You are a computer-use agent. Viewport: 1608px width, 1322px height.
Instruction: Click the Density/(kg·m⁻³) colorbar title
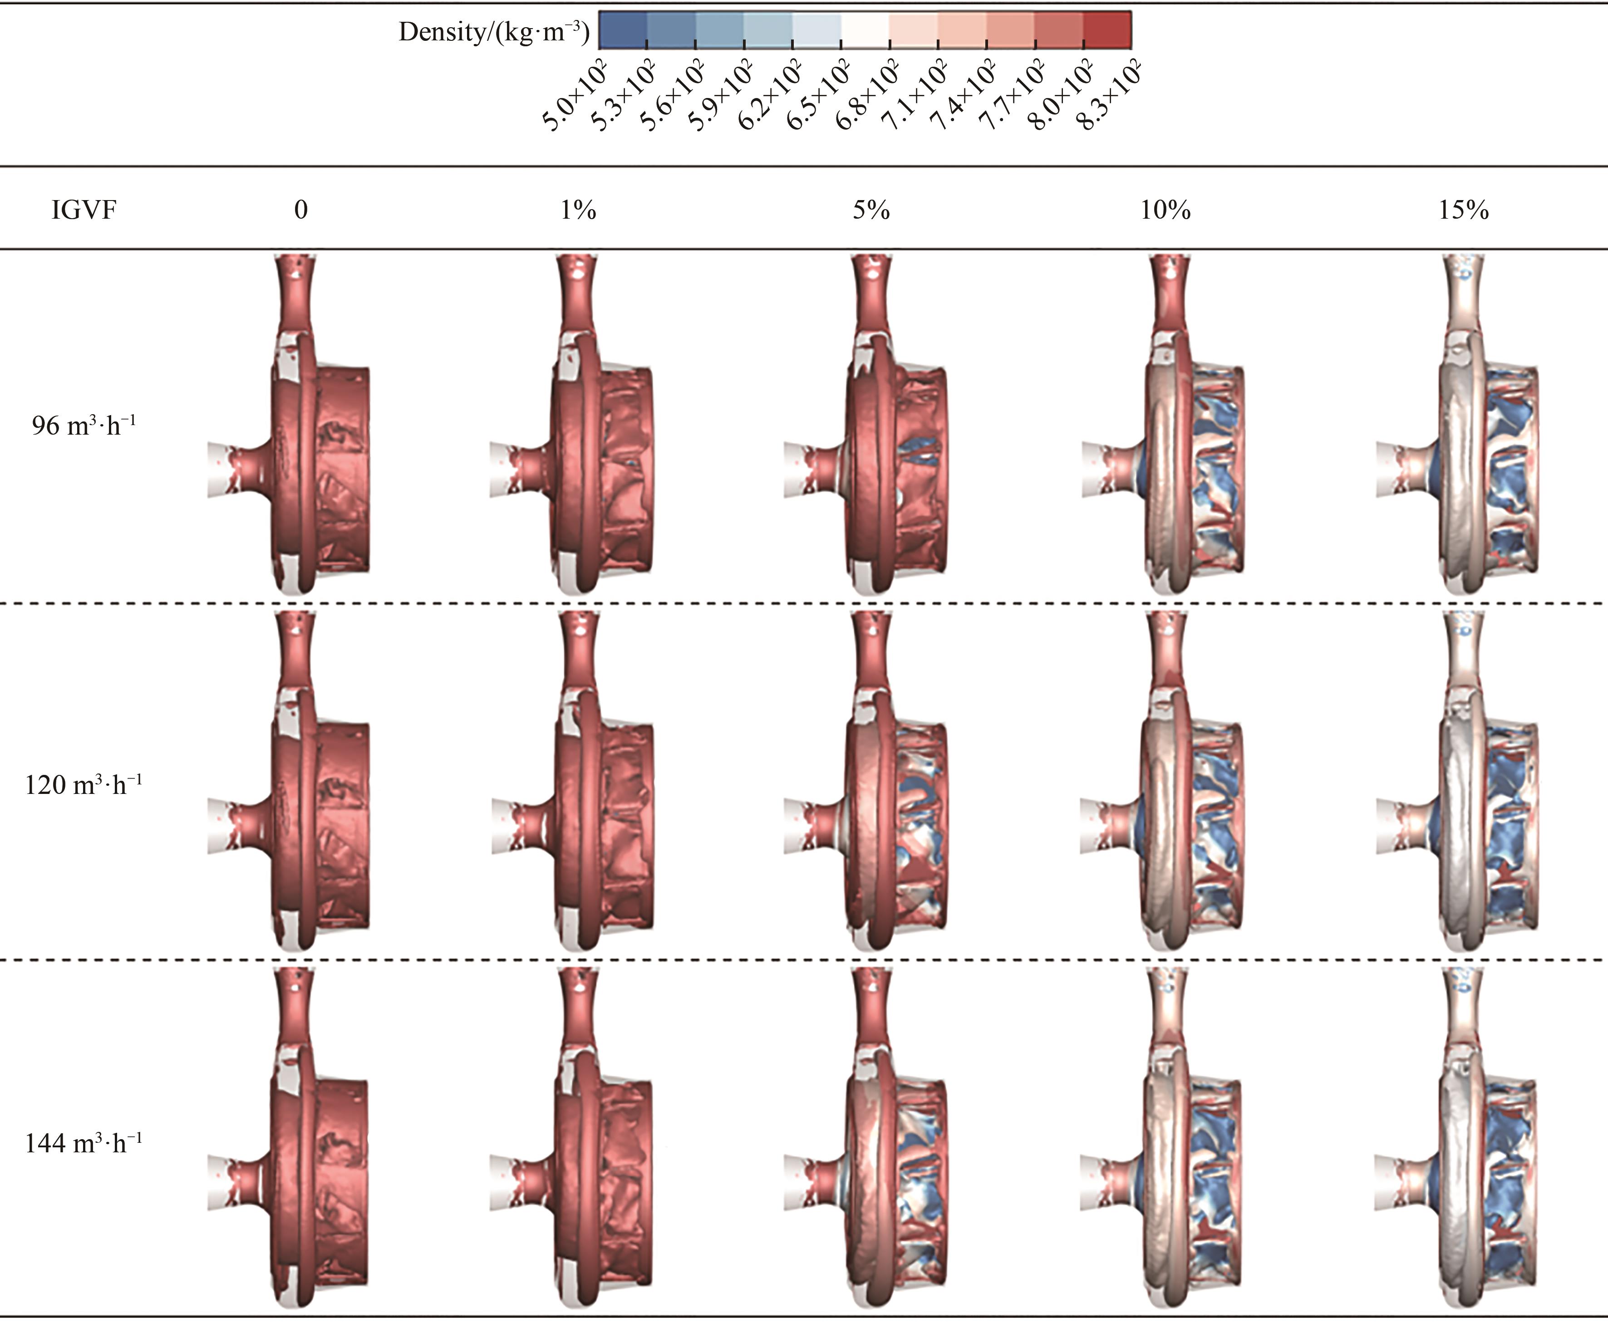point(494,31)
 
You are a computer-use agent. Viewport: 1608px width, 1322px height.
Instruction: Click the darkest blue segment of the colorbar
point(623,30)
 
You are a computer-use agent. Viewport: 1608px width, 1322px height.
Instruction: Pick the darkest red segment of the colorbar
point(1107,30)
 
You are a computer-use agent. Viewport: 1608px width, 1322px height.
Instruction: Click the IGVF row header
point(84,210)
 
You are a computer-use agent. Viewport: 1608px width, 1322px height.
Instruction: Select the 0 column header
point(301,210)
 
